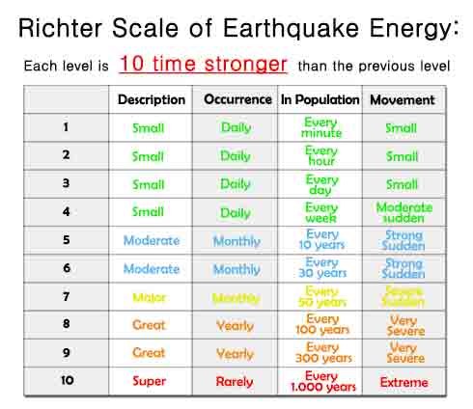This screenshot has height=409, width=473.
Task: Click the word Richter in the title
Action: pos(60,28)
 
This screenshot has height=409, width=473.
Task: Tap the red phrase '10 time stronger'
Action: pos(204,64)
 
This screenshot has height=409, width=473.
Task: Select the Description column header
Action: pos(152,100)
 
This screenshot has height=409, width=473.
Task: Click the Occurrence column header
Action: pos(237,99)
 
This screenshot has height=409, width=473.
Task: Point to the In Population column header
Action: pos(320,99)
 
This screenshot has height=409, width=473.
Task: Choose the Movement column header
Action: pos(403,100)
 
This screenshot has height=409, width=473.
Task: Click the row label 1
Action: pos(66,127)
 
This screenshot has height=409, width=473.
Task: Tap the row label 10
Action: pos(68,380)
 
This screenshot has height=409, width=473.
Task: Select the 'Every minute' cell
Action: pos(321,127)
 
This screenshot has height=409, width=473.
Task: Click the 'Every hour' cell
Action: pos(321,155)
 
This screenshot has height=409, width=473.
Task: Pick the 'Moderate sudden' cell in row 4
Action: pos(404,212)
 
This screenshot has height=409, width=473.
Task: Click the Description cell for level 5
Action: pos(152,240)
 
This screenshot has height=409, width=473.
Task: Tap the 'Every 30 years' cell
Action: pos(322,267)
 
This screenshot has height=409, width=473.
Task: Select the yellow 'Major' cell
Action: pos(149,298)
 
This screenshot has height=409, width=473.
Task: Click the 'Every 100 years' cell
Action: pos(322,324)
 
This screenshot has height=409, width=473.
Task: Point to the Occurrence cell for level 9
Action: pos(235,354)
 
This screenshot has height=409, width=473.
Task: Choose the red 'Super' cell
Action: pos(149,381)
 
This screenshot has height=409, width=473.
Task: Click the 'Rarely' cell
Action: pos(235,382)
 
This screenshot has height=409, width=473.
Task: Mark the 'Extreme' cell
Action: pos(403,382)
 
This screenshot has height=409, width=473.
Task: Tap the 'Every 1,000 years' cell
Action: pos(323,381)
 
